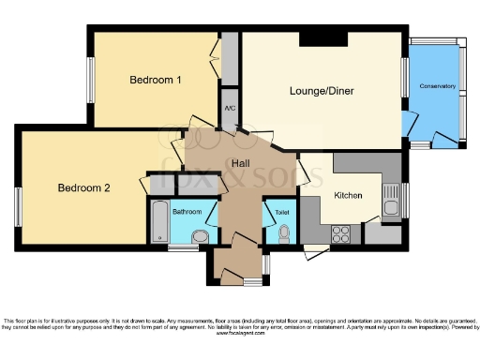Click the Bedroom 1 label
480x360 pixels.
155,80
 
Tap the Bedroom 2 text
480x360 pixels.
84,187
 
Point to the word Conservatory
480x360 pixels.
439,86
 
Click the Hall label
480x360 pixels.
241,163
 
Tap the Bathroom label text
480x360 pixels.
187,212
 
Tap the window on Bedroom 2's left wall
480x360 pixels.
18,205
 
